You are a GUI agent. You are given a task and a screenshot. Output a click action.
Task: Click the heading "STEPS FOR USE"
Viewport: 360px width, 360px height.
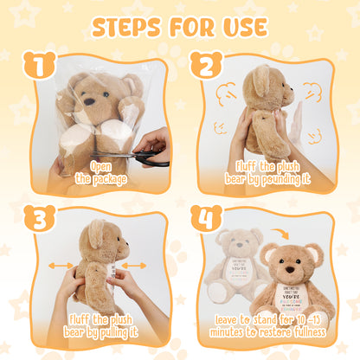tap(180, 26)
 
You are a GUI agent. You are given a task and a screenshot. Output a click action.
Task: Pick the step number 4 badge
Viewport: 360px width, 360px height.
tap(207, 218)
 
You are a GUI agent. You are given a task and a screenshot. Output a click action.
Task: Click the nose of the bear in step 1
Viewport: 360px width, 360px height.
tap(88, 100)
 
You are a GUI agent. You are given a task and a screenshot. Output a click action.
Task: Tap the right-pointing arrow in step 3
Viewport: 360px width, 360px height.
tap(131, 266)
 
